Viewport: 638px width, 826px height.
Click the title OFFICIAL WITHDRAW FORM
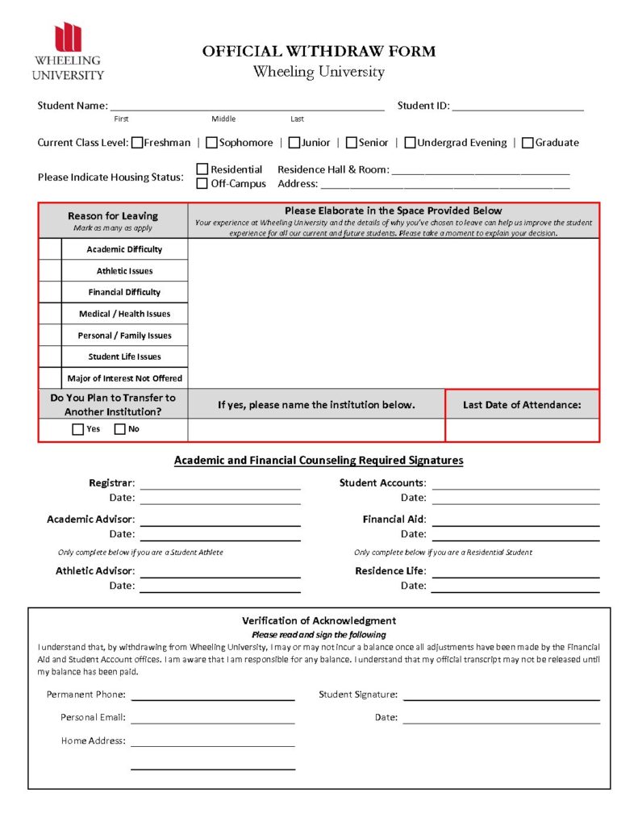(319, 52)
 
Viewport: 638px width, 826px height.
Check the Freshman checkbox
(137, 143)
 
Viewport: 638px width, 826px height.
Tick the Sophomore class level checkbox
(211, 143)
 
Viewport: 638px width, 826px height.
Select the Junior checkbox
(294, 143)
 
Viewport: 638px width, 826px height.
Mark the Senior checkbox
(352, 143)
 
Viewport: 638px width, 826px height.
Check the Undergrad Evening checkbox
(410, 143)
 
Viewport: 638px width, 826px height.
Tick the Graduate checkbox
(528, 143)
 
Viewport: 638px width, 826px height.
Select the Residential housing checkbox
(202, 169)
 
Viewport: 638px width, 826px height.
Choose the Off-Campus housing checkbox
(202, 183)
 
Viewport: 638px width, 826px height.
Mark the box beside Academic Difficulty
(50, 249)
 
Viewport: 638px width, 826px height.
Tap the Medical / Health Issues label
(124, 314)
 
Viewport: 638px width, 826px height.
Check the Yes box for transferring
(77, 429)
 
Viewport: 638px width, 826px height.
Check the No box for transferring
(119, 429)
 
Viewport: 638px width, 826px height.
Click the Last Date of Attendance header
(522, 405)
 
